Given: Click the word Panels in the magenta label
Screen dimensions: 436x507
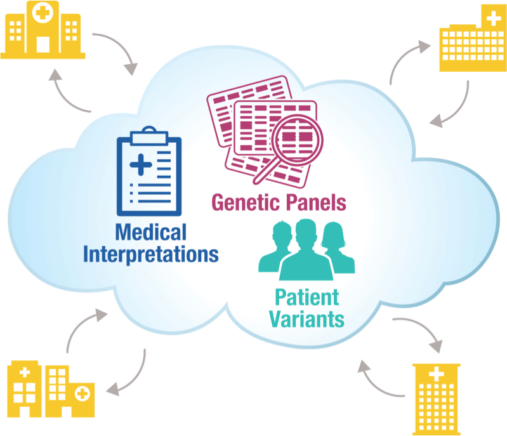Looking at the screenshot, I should tap(316, 202).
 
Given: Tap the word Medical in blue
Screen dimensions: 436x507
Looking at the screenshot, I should tap(151, 232).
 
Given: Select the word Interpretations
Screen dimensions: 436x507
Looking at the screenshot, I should tap(151, 254).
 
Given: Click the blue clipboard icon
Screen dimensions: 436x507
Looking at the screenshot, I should tap(149, 171).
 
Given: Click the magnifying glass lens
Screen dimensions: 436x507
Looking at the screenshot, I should tap(297, 136).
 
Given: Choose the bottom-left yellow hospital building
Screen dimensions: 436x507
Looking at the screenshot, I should tap(48, 390).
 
